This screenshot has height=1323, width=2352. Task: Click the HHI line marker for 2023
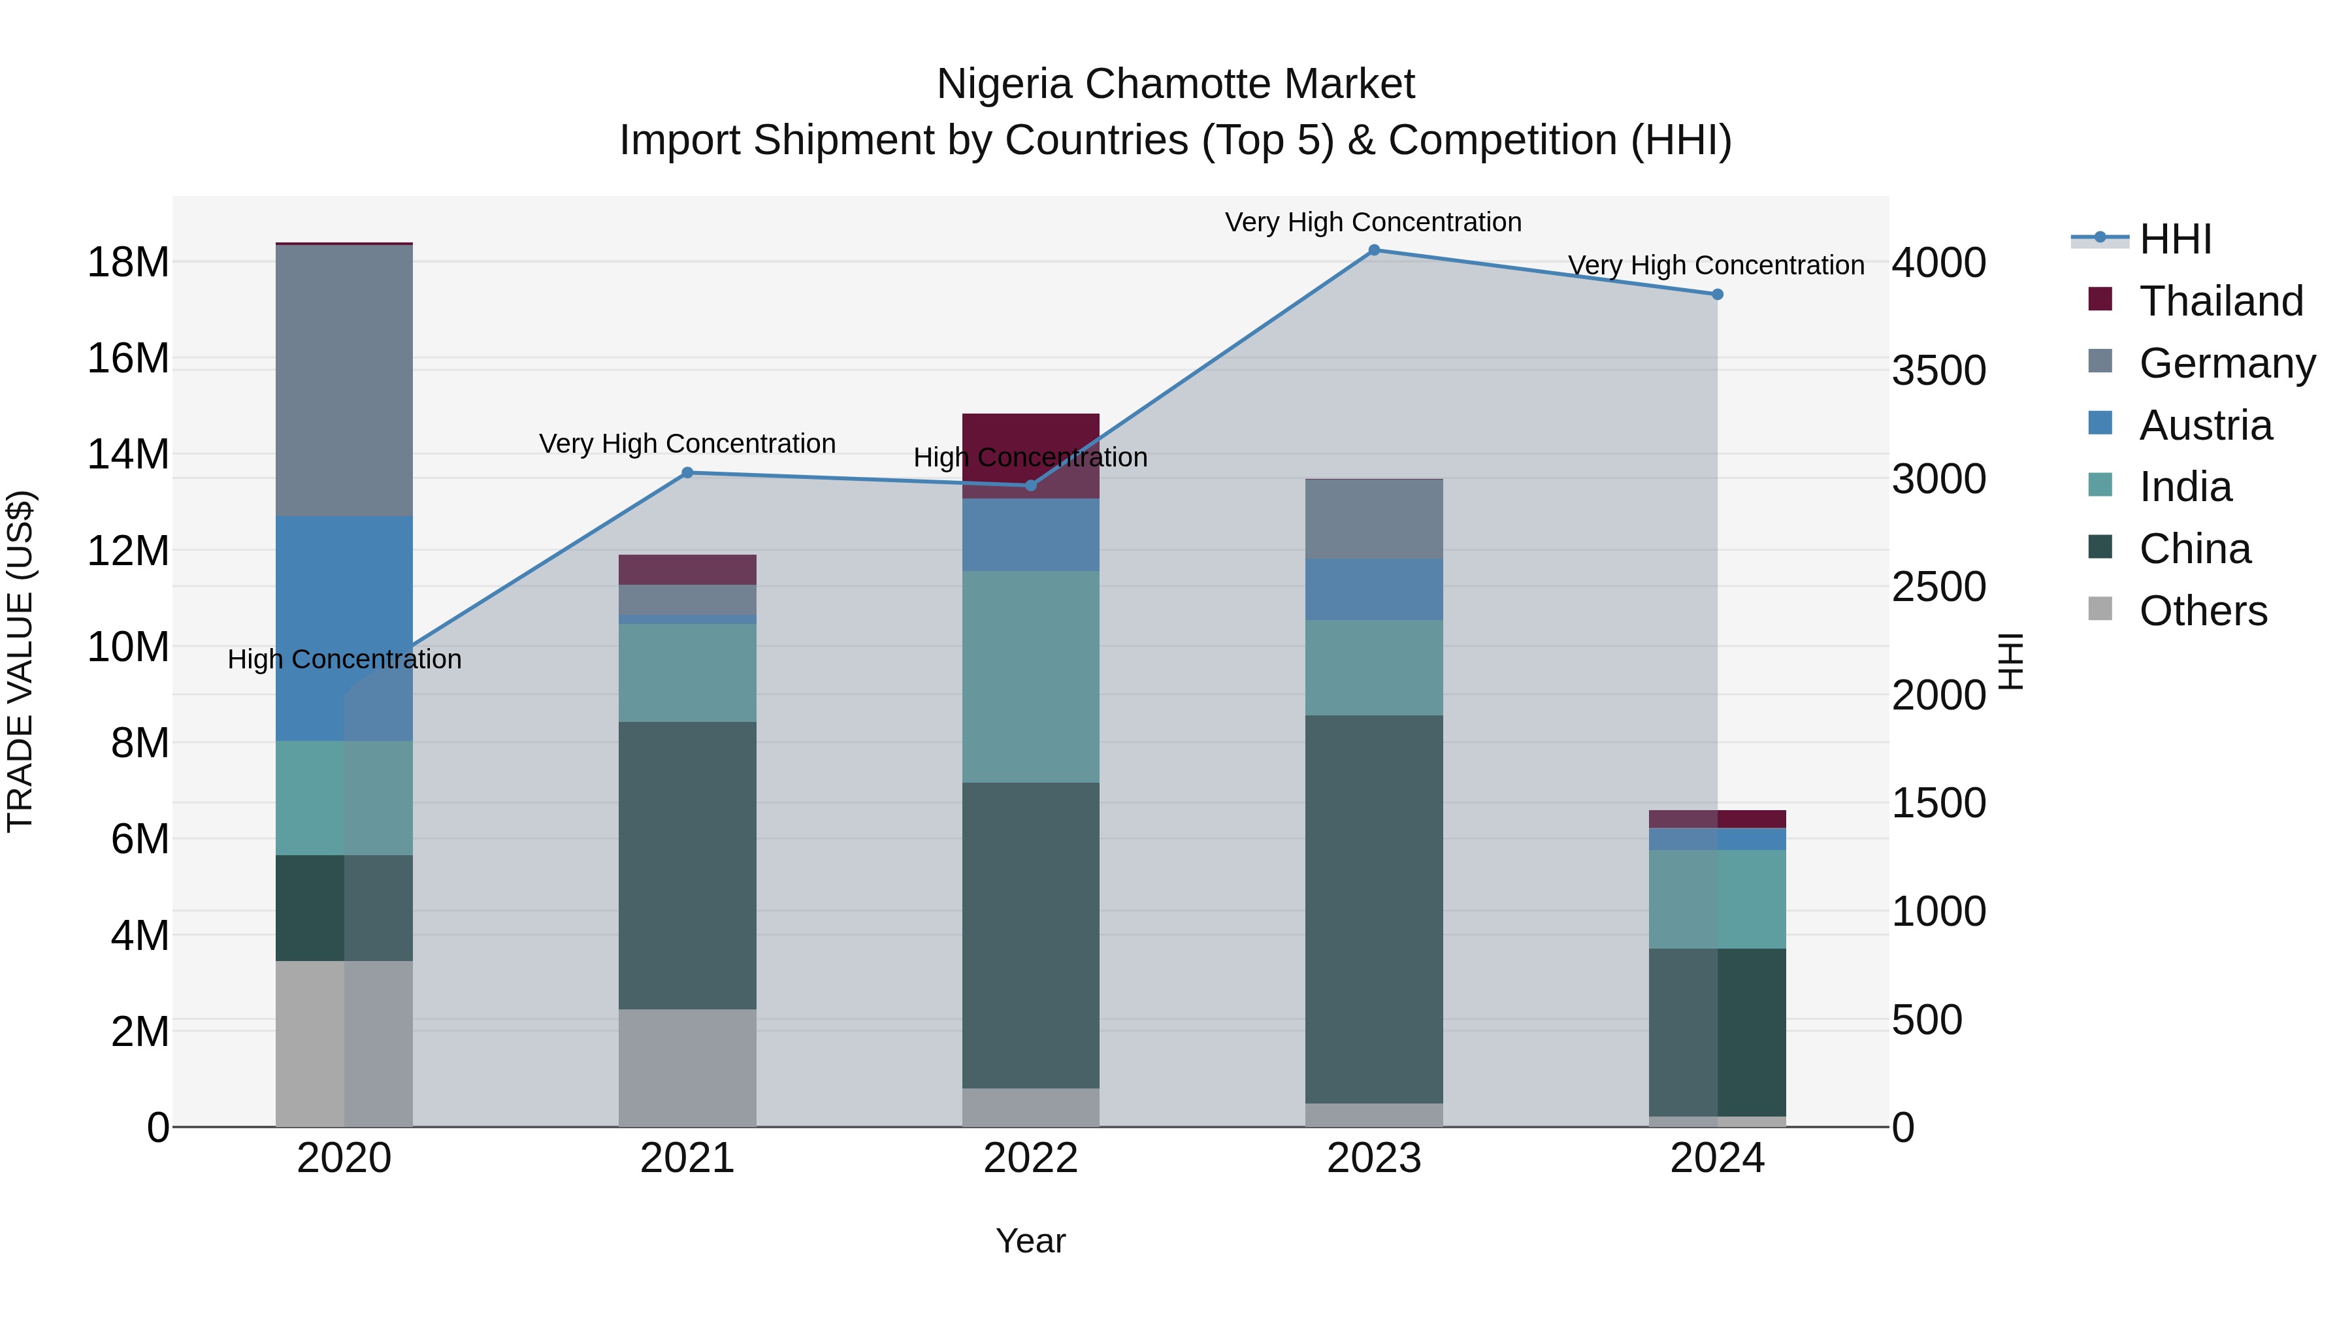click(1373, 250)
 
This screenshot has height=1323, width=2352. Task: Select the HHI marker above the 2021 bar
click(687, 473)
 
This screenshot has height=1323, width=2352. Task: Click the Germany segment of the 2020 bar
click(344, 381)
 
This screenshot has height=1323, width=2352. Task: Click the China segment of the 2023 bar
click(1373, 909)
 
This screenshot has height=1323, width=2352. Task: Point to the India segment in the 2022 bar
click(1031, 677)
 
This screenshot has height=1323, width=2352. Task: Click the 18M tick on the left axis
click(128, 263)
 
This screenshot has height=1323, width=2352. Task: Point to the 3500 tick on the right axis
click(1938, 372)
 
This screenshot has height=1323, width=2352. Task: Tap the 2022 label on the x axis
click(1031, 1158)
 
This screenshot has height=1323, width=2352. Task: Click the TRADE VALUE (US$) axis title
click(20, 661)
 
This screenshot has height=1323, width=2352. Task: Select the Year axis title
click(1031, 1241)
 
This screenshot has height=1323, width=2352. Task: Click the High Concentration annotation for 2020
click(344, 659)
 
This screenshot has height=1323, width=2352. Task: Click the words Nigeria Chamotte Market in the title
click(1175, 84)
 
